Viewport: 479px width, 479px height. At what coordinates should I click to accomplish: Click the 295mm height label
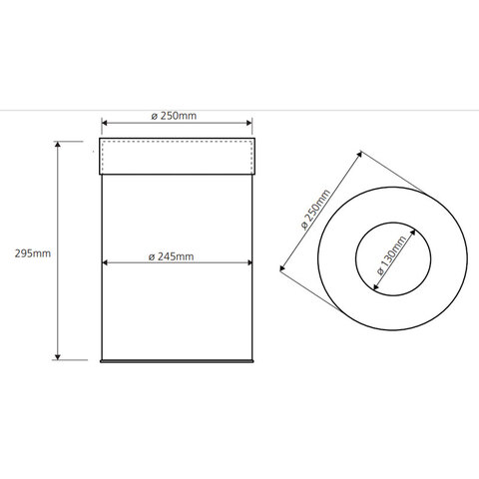[33, 253]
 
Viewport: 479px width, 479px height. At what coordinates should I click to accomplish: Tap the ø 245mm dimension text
[171, 256]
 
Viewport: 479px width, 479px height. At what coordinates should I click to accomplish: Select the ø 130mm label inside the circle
[392, 254]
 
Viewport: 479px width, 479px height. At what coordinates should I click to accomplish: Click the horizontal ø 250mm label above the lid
[174, 116]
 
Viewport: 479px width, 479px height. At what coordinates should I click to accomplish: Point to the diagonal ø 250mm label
[315, 210]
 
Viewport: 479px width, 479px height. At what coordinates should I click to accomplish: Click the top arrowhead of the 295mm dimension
[58, 144]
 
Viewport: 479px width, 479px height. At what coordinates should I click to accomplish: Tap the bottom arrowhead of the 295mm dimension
[58, 357]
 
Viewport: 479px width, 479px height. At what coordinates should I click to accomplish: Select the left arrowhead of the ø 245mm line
[105, 262]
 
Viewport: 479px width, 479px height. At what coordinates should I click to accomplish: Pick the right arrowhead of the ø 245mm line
[249, 262]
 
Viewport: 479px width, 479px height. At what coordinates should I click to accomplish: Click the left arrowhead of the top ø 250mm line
[105, 123]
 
